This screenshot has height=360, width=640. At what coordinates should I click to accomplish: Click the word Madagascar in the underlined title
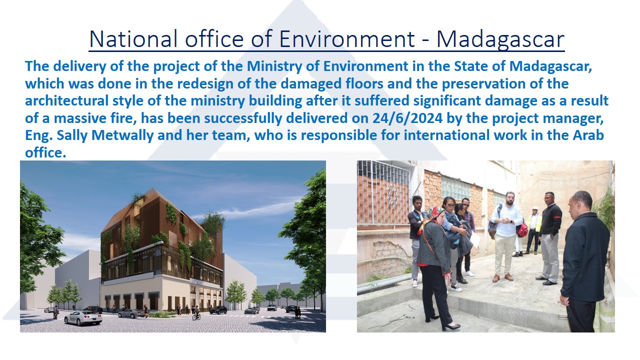click(500, 39)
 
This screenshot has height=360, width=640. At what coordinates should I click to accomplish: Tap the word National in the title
click(133, 39)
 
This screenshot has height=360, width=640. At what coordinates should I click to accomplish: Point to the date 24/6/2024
click(407, 118)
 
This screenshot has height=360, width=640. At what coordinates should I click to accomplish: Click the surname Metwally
click(122, 135)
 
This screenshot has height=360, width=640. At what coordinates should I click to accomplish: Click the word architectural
click(66, 101)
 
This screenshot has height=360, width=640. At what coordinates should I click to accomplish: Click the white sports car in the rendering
click(83, 317)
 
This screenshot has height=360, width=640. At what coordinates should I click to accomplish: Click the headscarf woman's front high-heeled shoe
click(451, 327)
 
